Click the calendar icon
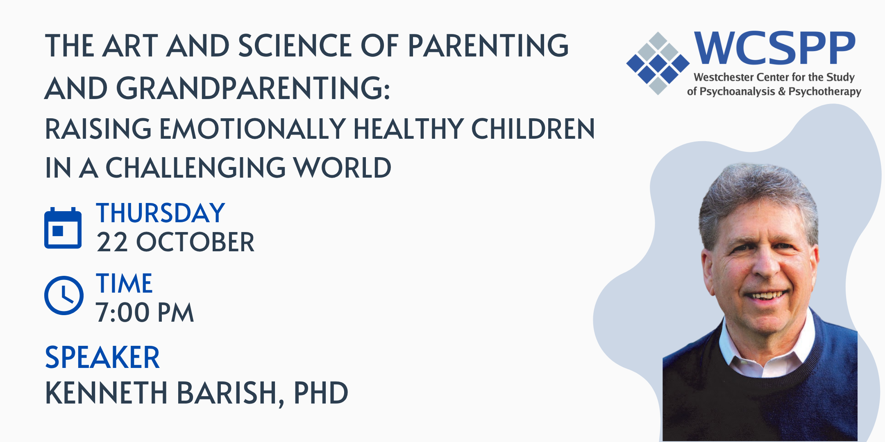(63, 228)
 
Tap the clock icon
(64, 295)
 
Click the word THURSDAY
(161, 213)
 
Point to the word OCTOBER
(195, 242)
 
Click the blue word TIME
(124, 284)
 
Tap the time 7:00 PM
(145, 313)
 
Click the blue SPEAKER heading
(102, 358)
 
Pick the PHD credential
(321, 393)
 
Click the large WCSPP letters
(775, 48)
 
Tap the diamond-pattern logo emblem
(658, 63)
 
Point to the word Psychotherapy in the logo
(825, 91)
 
